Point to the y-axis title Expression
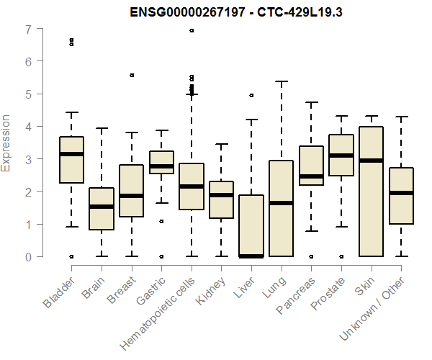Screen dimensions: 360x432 point(7,143)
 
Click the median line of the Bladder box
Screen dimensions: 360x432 point(71,154)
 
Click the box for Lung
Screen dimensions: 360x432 point(280,209)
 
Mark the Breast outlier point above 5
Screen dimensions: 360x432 point(131,75)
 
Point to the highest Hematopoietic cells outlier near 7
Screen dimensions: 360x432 point(191,30)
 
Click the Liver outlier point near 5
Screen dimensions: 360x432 point(251,95)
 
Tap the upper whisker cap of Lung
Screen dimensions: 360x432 point(280,81)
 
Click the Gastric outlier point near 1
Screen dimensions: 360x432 point(161,221)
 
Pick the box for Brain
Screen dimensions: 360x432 point(102,209)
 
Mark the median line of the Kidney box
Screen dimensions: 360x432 point(220,195)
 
